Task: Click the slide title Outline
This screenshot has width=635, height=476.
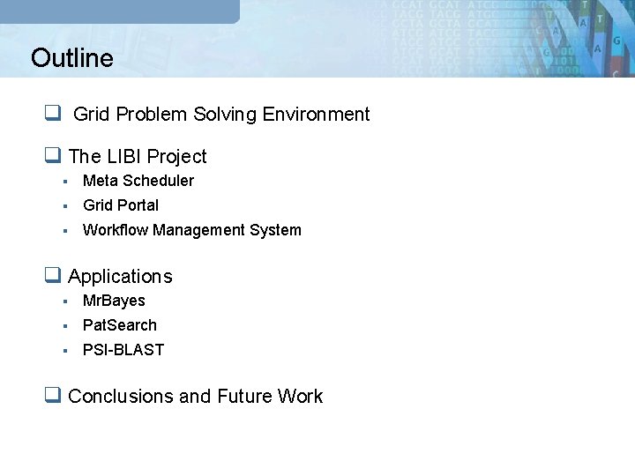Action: pos(71,58)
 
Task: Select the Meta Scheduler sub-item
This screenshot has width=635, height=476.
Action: pos(138,181)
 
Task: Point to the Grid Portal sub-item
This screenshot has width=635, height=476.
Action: pos(121,205)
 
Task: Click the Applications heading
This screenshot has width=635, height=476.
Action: pos(120,277)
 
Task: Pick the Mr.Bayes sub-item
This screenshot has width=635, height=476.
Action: pos(114,301)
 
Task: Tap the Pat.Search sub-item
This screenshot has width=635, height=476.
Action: pos(120,325)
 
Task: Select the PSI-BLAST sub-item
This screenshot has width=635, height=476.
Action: pos(123,350)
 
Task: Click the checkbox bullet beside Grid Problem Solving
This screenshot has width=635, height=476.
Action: pos(53,114)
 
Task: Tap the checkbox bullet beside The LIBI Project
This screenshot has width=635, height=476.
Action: pos(53,156)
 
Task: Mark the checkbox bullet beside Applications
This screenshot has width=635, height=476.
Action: pos(53,276)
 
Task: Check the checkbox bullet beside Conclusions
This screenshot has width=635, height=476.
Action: pos(53,396)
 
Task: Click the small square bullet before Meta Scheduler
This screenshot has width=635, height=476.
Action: pos(65,182)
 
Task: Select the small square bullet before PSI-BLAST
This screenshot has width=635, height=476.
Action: pos(65,351)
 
